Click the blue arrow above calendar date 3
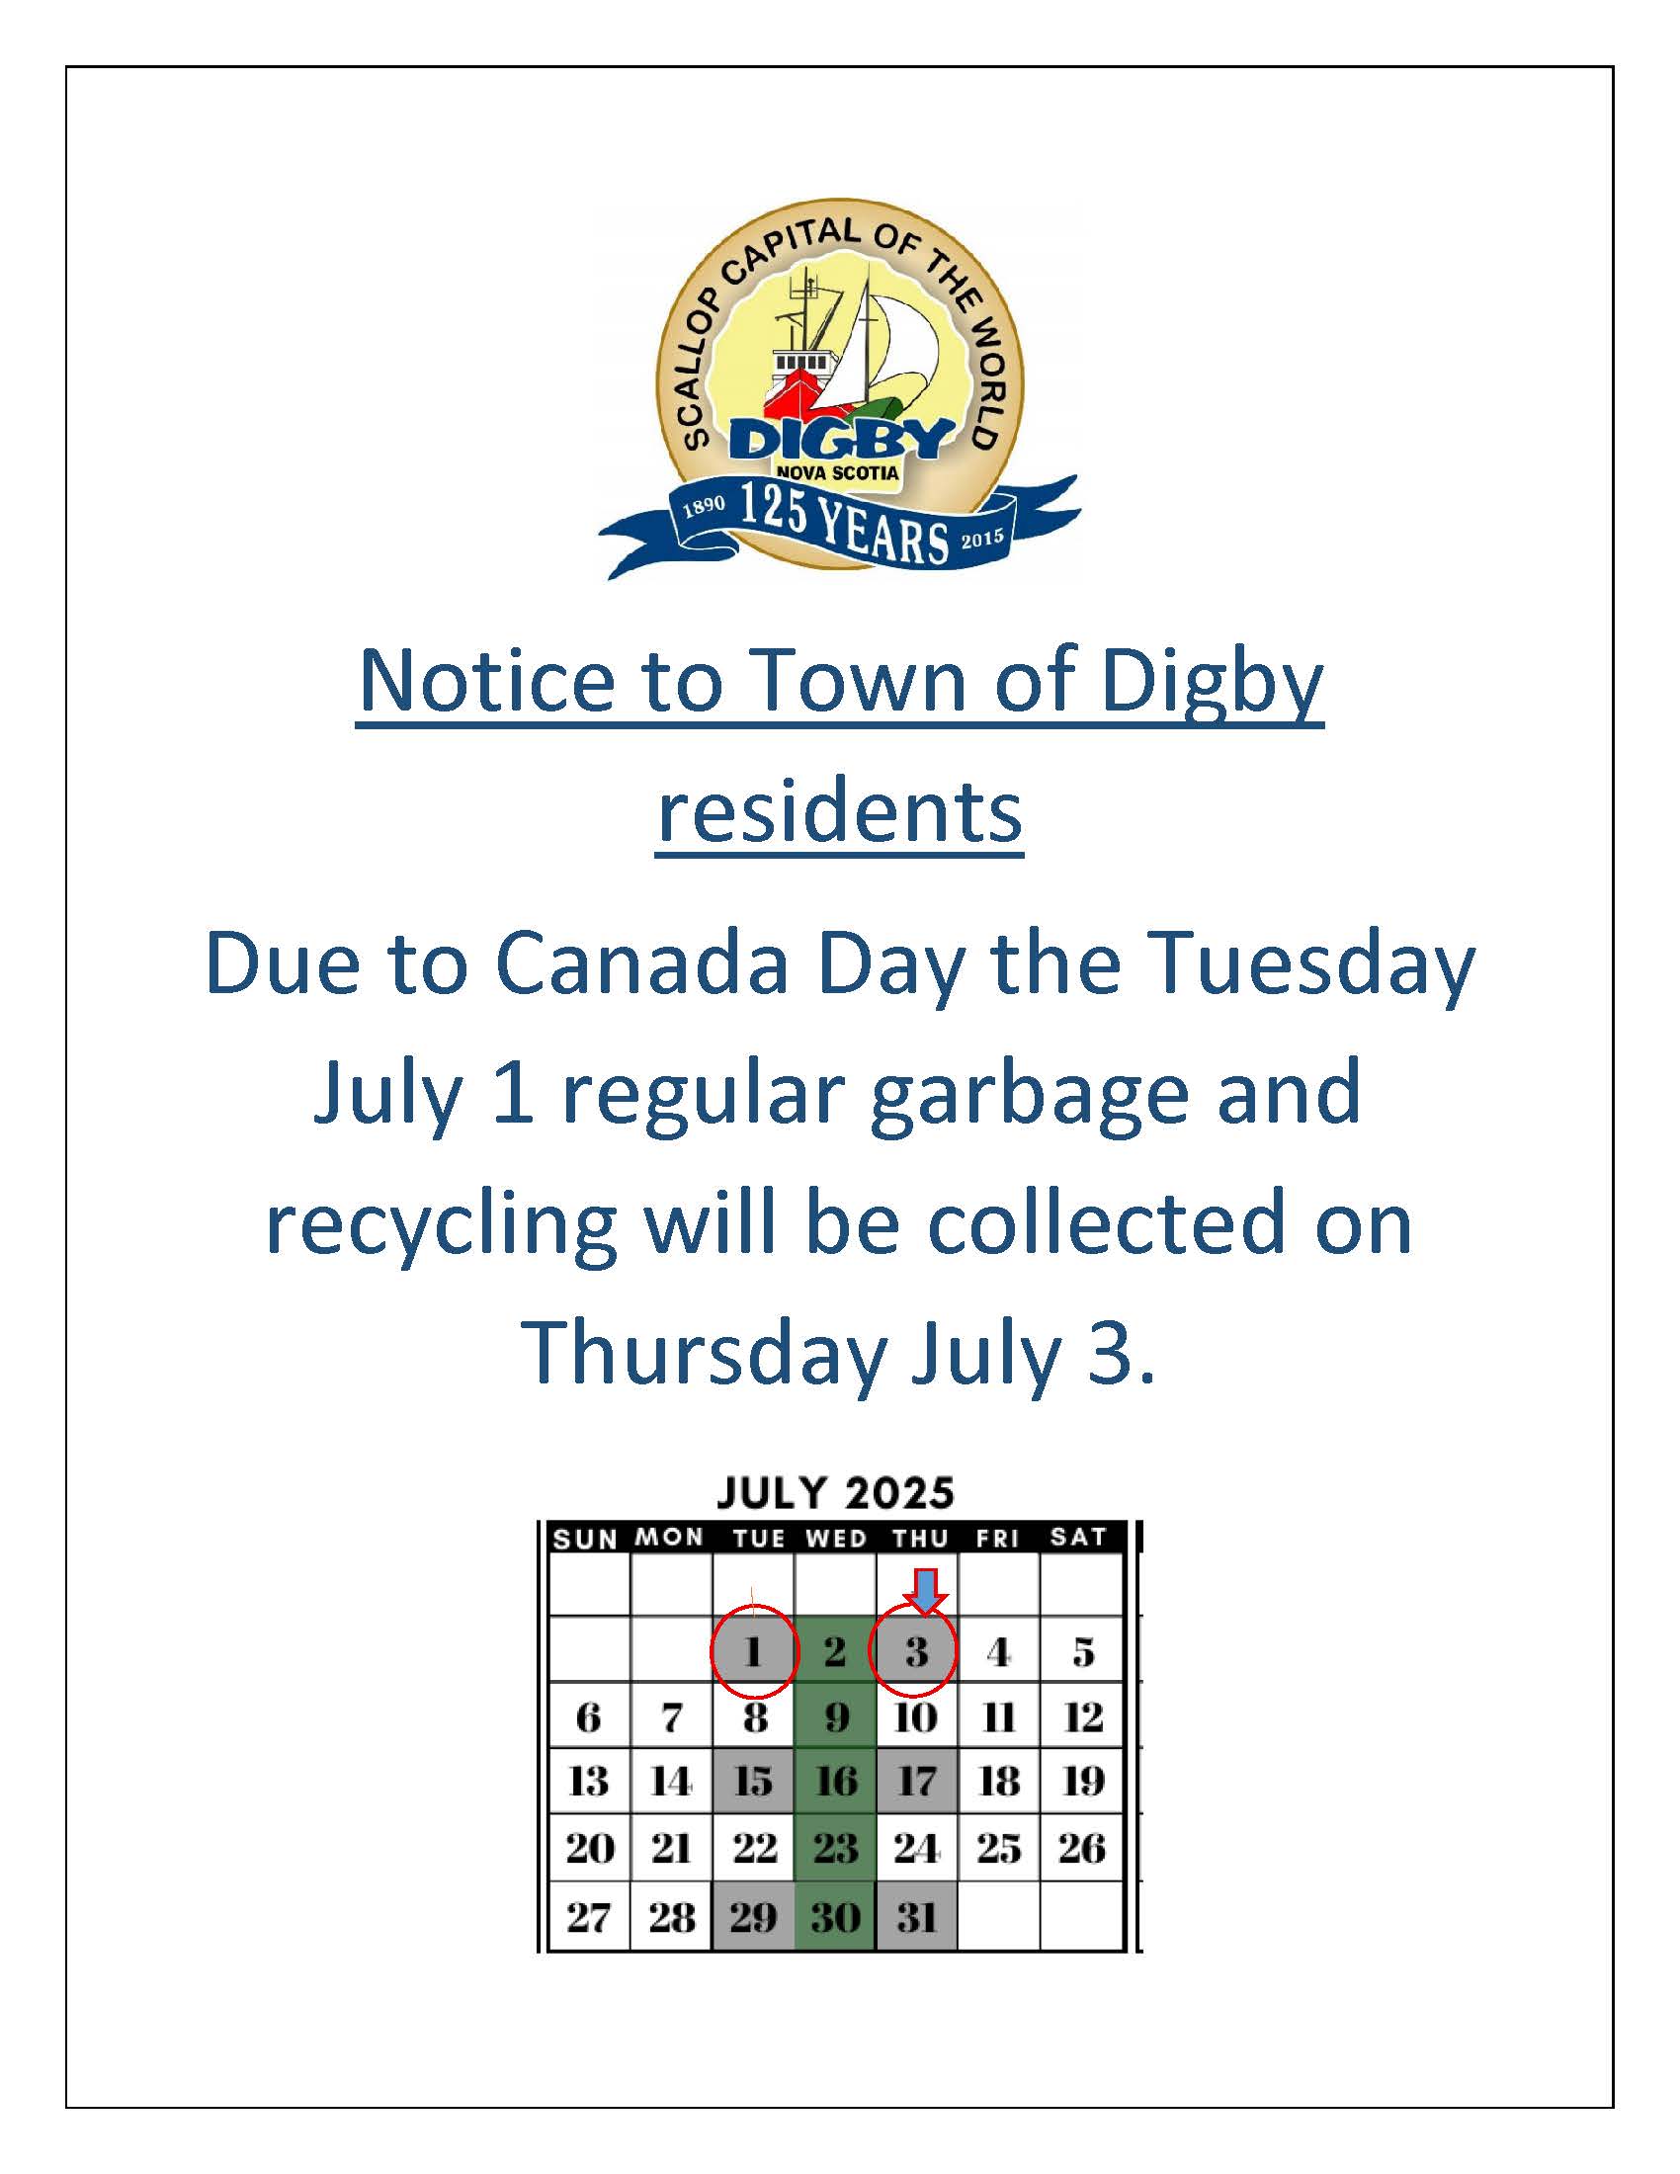point(927,1590)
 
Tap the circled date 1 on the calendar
point(753,1652)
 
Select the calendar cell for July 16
point(836,1781)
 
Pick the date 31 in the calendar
point(917,1916)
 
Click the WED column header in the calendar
point(836,1539)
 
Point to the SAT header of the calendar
point(1078,1537)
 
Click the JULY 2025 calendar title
point(835,1493)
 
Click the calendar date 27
point(588,1916)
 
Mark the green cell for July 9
point(836,1716)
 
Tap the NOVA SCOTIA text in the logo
point(836,472)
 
